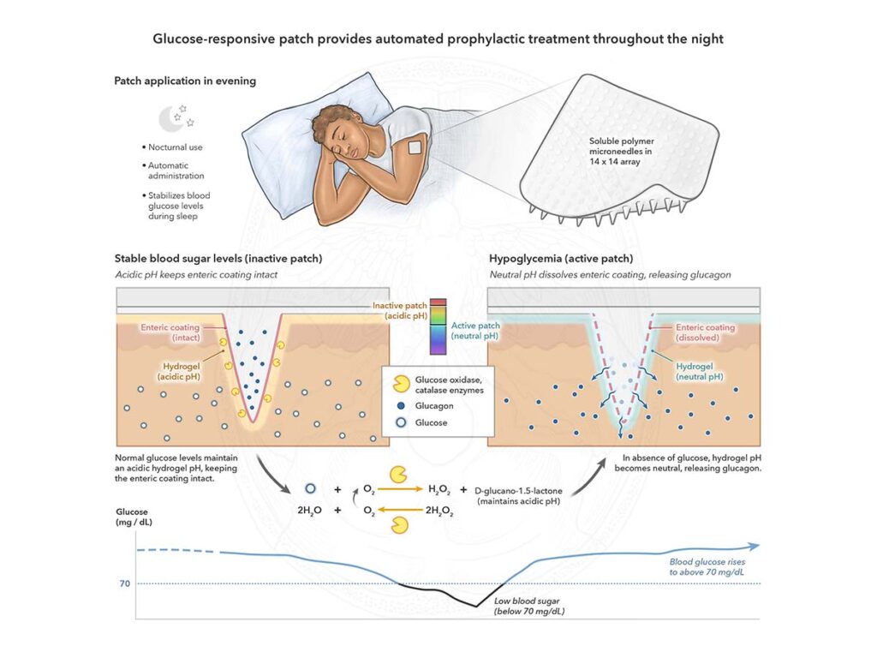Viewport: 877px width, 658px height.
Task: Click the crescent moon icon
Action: [x=170, y=118]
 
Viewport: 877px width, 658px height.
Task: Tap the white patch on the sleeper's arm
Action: [x=415, y=147]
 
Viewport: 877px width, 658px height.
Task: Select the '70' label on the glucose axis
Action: [x=124, y=583]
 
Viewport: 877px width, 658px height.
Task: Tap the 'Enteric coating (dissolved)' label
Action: [x=704, y=332]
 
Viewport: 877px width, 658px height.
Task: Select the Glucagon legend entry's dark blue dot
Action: [x=401, y=406]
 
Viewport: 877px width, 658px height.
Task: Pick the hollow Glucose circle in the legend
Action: [x=401, y=422]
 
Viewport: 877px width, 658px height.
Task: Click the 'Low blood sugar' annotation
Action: [x=529, y=606]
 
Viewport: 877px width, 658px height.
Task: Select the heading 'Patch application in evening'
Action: [x=185, y=81]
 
